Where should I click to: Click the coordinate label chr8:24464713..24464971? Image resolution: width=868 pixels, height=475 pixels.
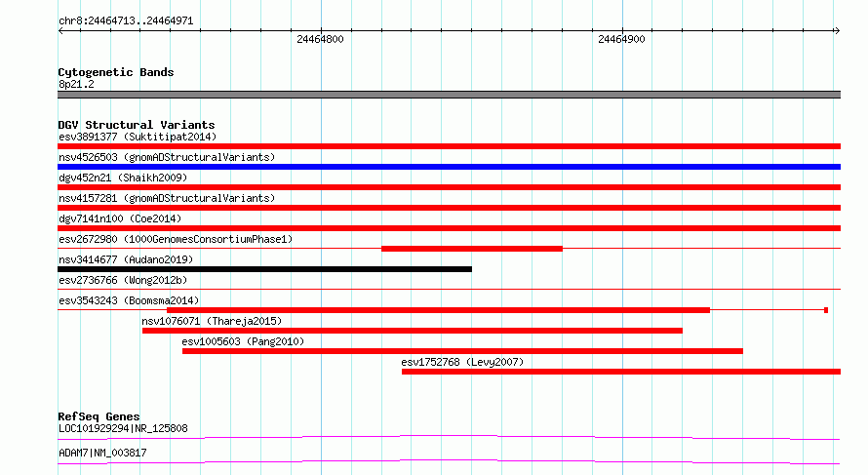[x=126, y=21]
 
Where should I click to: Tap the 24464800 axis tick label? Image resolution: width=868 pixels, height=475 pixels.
[x=320, y=39]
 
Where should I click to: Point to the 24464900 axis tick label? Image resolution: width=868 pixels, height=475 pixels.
[x=621, y=39]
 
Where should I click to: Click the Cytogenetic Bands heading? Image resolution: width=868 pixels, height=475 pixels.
[x=116, y=72]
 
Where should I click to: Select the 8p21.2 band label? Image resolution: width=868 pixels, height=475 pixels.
[x=76, y=84]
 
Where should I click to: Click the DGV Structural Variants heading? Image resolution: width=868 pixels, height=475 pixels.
[x=137, y=125]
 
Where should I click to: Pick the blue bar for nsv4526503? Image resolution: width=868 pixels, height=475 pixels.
[x=449, y=167]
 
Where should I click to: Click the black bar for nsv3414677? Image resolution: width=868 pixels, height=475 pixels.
[x=264, y=269]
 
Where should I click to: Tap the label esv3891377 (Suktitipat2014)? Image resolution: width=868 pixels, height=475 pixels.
[x=138, y=137]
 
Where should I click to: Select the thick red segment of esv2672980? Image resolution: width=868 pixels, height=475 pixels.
[x=472, y=249]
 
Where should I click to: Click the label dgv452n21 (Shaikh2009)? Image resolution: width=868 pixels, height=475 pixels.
[x=123, y=178]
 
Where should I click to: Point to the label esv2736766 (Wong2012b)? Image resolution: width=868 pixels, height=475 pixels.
[x=123, y=280]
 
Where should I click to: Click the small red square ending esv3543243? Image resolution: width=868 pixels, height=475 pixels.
[x=826, y=310]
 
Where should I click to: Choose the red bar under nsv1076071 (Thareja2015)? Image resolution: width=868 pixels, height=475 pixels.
[x=413, y=331]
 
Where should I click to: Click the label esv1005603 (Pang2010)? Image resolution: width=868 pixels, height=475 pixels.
[x=243, y=341]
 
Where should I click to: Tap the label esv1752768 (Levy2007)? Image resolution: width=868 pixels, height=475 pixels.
[x=462, y=362]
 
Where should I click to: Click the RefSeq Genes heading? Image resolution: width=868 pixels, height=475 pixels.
[x=99, y=416]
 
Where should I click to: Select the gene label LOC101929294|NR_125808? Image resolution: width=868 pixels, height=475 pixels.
[x=123, y=428]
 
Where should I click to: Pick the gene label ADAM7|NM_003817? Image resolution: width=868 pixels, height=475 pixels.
[x=102, y=453]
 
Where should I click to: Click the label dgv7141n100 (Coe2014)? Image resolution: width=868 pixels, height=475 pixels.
[x=120, y=218]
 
